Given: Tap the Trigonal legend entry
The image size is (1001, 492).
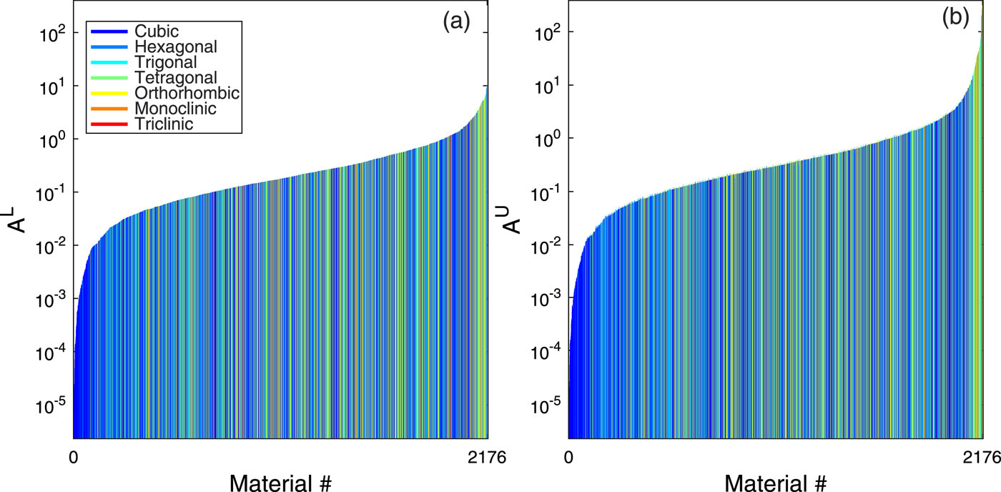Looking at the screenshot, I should (x=162, y=62).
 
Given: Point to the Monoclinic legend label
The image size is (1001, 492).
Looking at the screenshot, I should (x=171, y=109).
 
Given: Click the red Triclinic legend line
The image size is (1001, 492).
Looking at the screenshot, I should (x=107, y=124).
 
